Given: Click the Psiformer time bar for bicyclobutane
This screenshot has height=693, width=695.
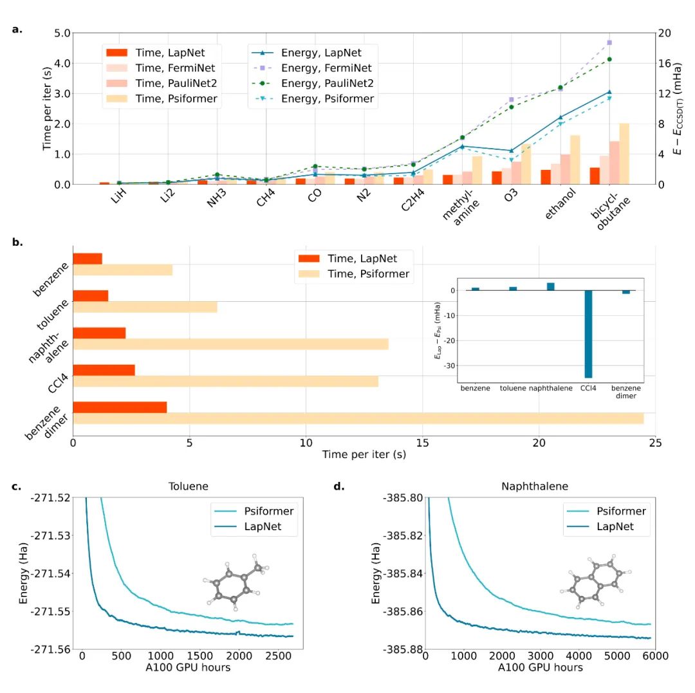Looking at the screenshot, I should (624, 154).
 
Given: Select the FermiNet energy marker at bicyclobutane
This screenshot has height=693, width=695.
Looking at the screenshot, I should (609, 42).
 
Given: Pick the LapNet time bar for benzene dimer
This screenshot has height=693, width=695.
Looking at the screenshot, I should (120, 407).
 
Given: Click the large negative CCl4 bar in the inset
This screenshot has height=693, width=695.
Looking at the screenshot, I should (587, 334).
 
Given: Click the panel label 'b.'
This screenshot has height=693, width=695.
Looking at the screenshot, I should (17, 242).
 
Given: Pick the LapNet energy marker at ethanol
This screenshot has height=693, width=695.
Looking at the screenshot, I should (560, 117).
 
